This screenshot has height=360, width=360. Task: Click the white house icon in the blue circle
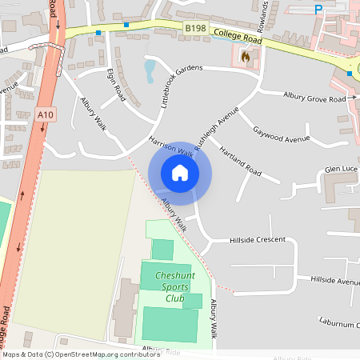(x=180, y=173)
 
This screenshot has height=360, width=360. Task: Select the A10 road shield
(x=46, y=115)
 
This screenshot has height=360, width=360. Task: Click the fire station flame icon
(x=246, y=57)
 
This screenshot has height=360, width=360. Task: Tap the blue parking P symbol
(x=318, y=9)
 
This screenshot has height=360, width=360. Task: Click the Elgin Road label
(x=116, y=82)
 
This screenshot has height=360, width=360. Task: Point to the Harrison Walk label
(x=171, y=146)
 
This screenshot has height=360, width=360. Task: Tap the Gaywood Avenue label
(x=280, y=134)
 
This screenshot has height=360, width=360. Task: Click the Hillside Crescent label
(x=258, y=239)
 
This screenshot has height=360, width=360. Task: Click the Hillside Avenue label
(x=335, y=281)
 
